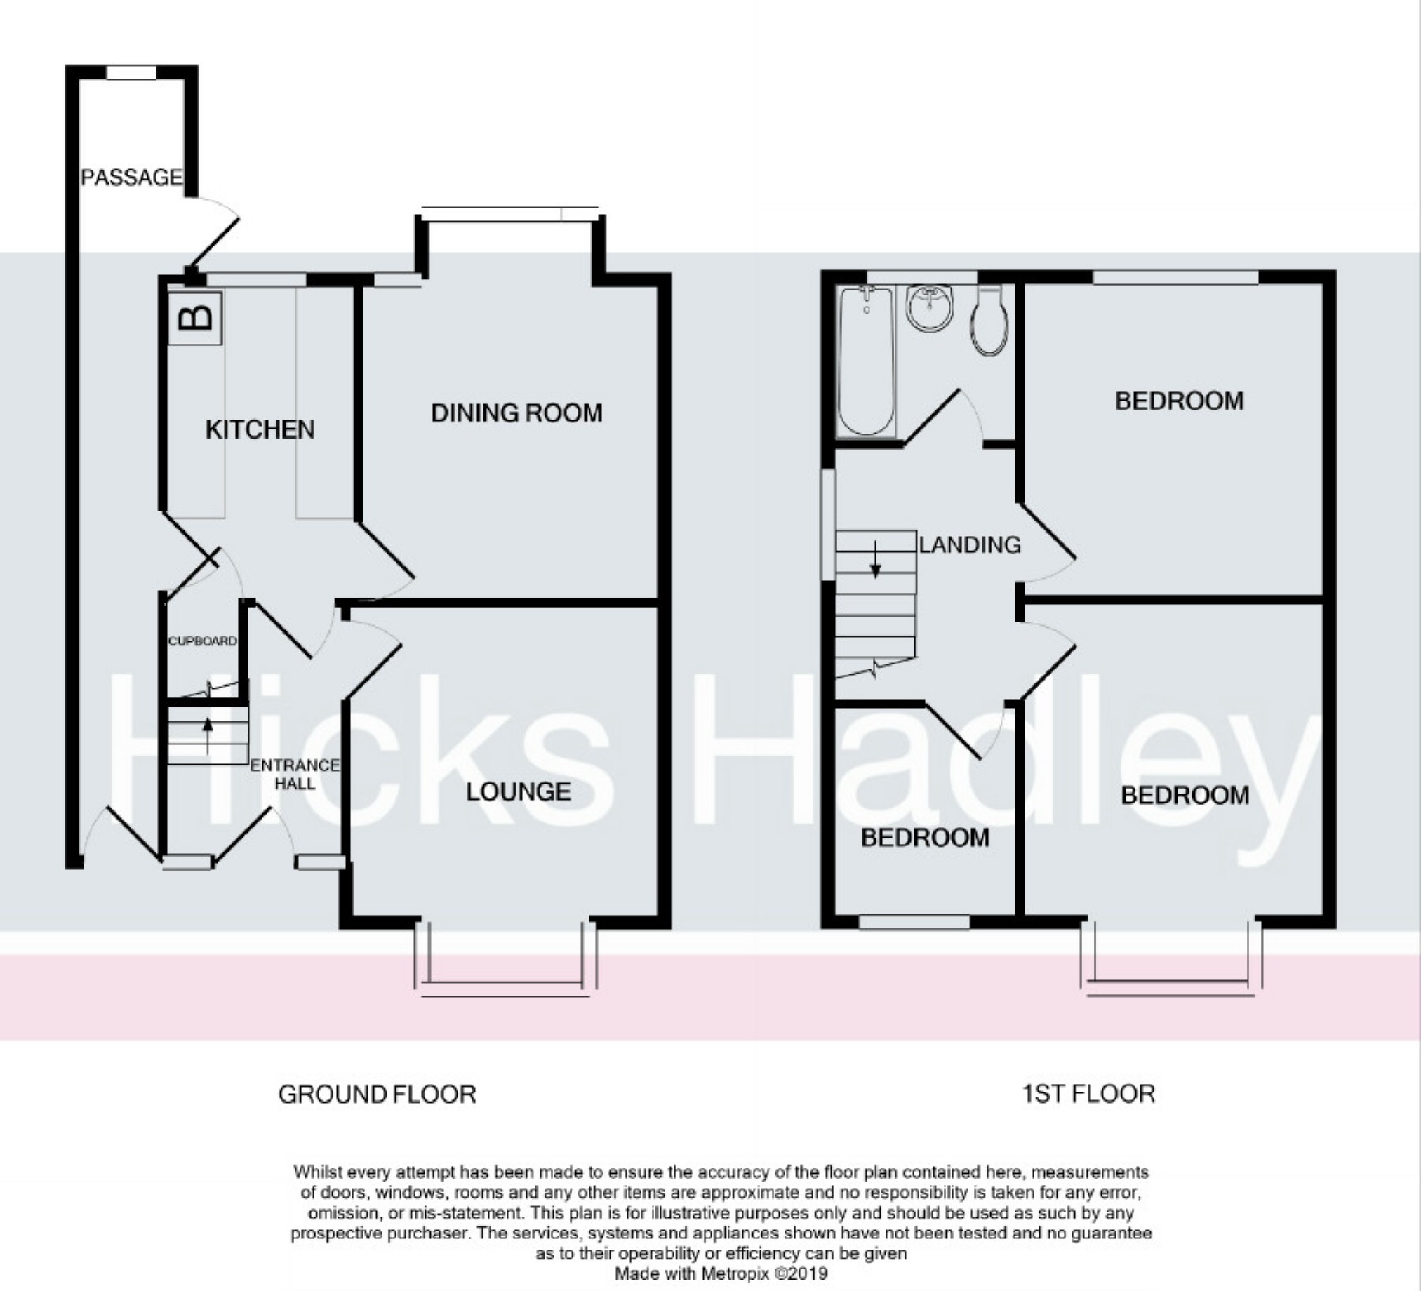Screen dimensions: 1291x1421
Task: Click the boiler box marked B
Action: point(195,318)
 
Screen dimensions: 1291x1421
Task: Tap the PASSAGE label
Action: point(132,177)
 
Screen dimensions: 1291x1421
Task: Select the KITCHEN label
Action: point(260,429)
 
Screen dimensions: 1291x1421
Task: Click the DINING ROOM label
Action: point(516,413)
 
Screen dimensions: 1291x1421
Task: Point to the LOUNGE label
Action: point(518,791)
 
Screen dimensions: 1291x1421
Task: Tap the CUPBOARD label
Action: point(202,641)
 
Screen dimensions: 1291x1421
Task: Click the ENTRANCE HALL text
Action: point(295,774)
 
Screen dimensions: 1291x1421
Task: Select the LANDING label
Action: point(969,544)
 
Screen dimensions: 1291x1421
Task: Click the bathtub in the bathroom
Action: point(866,361)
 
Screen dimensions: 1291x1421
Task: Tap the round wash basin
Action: point(929,307)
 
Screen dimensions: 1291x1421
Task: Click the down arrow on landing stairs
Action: point(876,560)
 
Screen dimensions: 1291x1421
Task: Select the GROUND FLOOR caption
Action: point(377,1094)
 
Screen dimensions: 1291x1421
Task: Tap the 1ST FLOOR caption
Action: point(1088,1094)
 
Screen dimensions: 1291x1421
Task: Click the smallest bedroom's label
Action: point(925,837)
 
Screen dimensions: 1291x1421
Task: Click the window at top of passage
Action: point(131,72)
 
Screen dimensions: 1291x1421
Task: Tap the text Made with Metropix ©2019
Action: point(721,1273)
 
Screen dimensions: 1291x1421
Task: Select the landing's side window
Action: point(828,525)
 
